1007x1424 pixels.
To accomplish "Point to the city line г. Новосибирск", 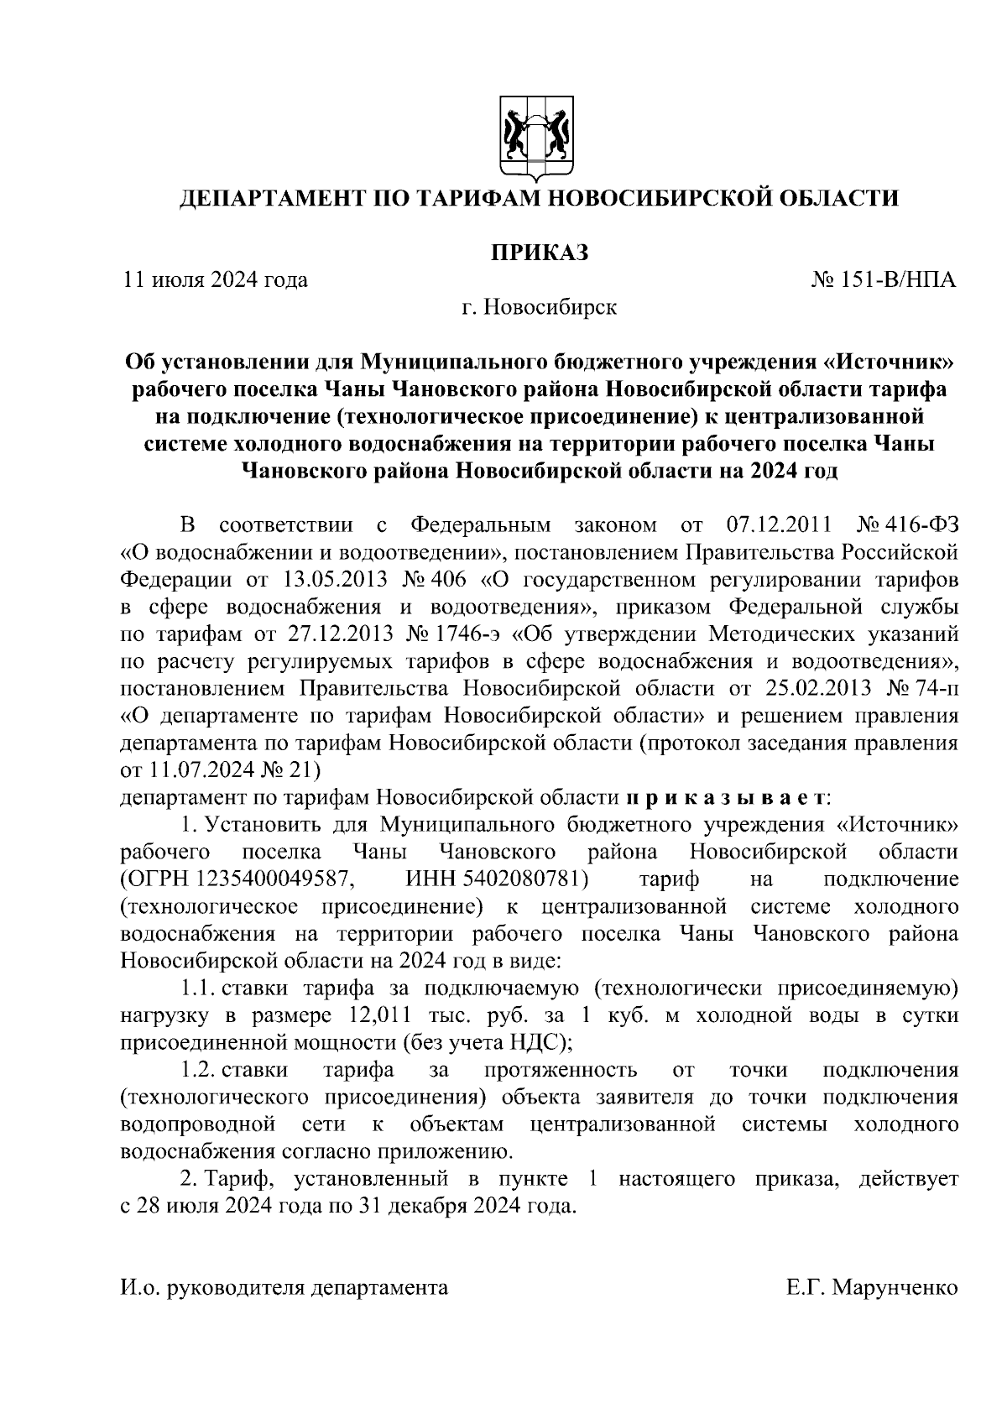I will [539, 307].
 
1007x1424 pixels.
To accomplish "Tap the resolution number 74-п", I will [937, 689].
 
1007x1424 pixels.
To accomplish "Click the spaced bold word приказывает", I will [727, 797].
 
